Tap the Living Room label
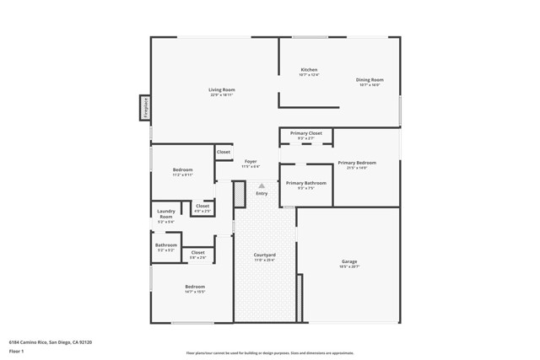222,91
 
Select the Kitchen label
309,71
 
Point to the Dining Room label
370,81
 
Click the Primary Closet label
306,135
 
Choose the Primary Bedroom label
357,164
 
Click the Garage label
349,263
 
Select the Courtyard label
265,256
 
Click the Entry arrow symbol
262,185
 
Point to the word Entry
262,194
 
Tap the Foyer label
251,163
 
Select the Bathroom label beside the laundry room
165,247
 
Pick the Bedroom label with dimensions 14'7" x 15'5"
195,288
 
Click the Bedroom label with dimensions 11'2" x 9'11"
183,171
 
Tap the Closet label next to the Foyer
224,153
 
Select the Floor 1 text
16,351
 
